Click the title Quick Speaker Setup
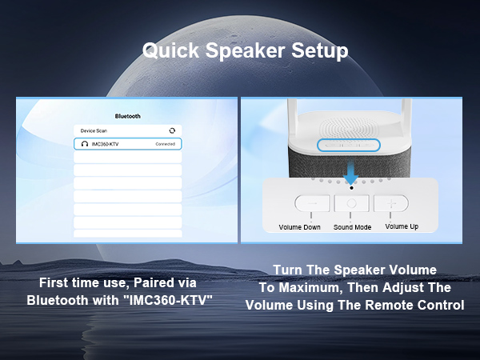pyautogui.click(x=245, y=50)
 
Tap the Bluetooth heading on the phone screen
pyautogui.click(x=128, y=116)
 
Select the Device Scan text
pyautogui.click(x=94, y=130)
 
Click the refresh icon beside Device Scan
pyautogui.click(x=172, y=130)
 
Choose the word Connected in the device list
pyautogui.click(x=166, y=145)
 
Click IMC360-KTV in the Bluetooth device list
pyautogui.click(x=106, y=145)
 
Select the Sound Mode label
pyautogui.click(x=352, y=227)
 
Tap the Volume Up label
pyautogui.click(x=402, y=226)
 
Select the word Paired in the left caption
pyautogui.click(x=148, y=284)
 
